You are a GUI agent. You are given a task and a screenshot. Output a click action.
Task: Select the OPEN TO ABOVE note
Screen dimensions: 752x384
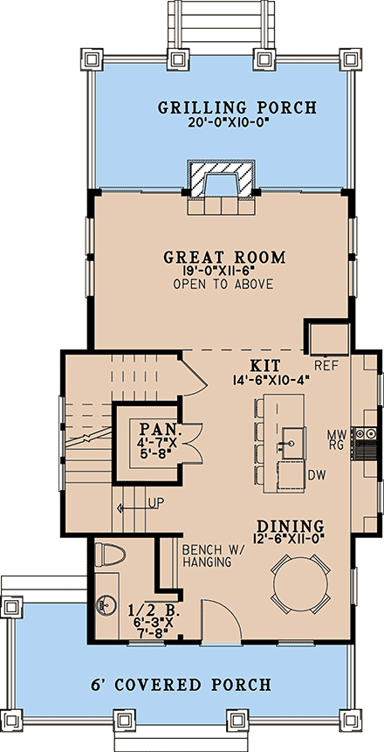pos(223,285)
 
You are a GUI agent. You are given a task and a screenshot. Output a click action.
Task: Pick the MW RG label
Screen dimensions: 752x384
pos(336,438)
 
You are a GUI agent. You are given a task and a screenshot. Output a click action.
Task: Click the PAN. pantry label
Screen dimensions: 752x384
pos(160,431)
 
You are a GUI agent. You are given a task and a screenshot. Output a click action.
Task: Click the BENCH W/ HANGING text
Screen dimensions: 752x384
pos(205,556)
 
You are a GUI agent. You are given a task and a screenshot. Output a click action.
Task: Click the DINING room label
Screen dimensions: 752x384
pos(290,527)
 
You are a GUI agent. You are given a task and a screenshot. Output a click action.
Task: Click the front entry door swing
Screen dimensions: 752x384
pos(218,622)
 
